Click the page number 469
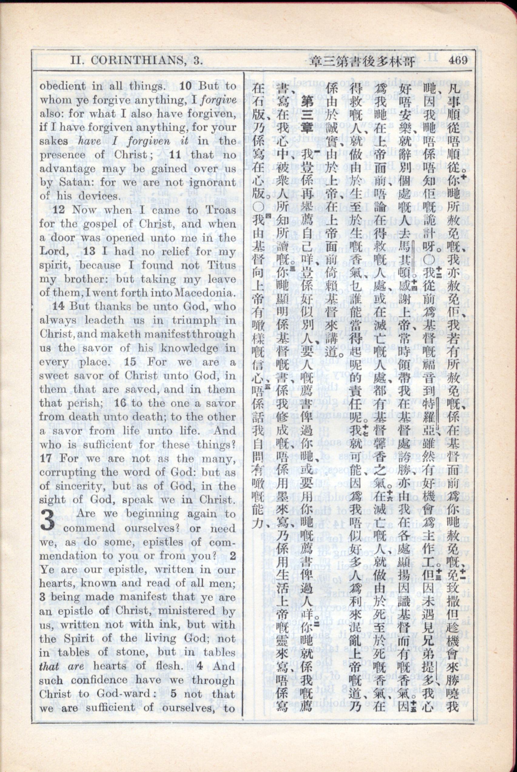(458, 61)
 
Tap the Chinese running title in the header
(359, 61)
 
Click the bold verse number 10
(185, 86)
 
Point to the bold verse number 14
(58, 306)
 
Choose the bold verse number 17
(46, 458)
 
